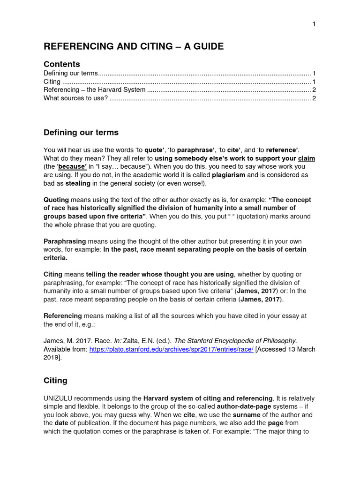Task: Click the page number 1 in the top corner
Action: tap(314, 24)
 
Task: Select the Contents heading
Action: tap(62, 64)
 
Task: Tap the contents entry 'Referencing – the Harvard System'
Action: tap(94, 90)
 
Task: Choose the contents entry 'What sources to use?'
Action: tap(75, 98)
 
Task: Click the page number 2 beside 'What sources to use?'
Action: tap(314, 98)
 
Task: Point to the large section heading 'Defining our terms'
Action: tap(81, 133)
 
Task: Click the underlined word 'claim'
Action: tap(307, 158)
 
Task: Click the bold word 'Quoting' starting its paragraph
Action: tap(56, 200)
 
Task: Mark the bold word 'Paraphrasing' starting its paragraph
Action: tap(65, 241)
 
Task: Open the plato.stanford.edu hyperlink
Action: tap(172, 349)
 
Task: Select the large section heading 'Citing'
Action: tap(55, 381)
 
